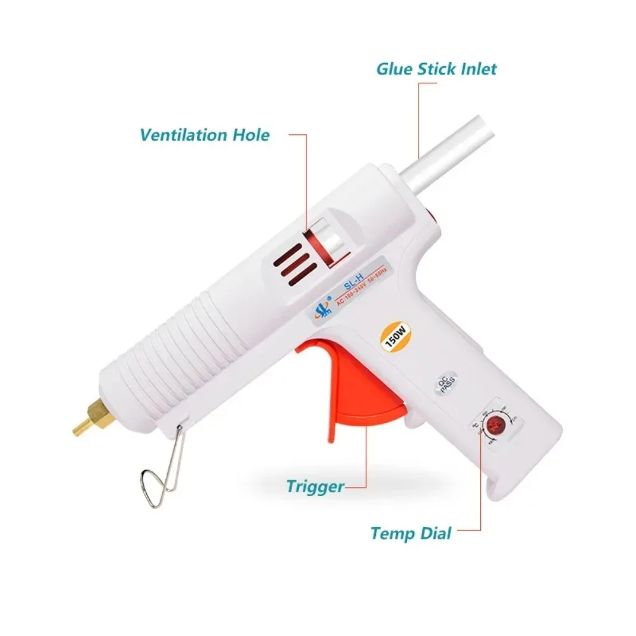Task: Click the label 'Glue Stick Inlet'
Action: [436, 69]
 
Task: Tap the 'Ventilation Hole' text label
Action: [205, 135]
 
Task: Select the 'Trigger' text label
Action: [315, 487]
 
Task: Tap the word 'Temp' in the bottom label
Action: [391, 532]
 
